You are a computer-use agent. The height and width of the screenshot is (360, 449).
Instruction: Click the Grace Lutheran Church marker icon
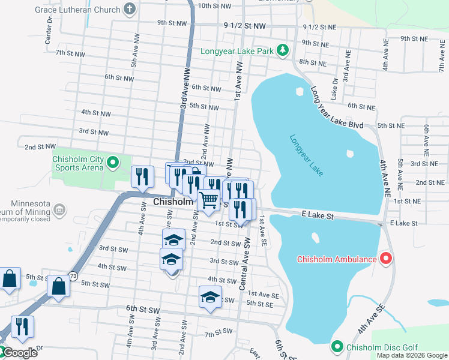pos(129,9)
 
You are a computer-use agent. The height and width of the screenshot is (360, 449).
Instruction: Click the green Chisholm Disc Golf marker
pos(337,347)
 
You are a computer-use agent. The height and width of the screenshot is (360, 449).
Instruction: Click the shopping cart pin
pos(208,200)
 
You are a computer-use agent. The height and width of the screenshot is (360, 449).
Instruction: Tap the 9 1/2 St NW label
pos(244,26)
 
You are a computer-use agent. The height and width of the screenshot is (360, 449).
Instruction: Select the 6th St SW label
pos(142,308)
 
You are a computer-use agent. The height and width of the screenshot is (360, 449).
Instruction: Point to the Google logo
pos(19,353)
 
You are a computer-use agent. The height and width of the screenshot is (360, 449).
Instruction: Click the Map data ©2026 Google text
pos(412,355)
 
